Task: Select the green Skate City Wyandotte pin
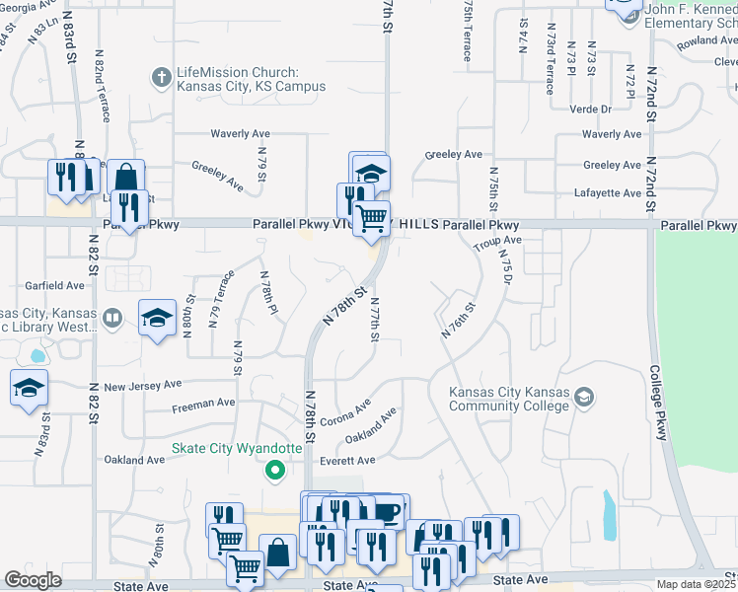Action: pyautogui.click(x=275, y=470)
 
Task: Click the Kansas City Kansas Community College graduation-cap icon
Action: pyautogui.click(x=583, y=397)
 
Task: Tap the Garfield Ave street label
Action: pyautogui.click(x=56, y=285)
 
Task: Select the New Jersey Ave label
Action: pyautogui.click(x=143, y=385)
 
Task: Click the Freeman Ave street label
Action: pyautogui.click(x=204, y=403)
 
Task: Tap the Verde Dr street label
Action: pyautogui.click(x=588, y=109)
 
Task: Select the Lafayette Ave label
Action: pyautogui.click(x=612, y=194)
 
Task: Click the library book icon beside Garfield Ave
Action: pyautogui.click(x=113, y=318)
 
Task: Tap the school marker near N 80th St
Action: pyautogui.click(x=157, y=318)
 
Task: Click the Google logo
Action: pyautogui.click(x=33, y=580)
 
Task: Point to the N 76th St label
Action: pyautogui.click(x=459, y=321)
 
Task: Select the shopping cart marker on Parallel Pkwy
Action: pyautogui.click(x=372, y=217)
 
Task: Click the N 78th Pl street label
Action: pyautogui.click(x=267, y=294)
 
